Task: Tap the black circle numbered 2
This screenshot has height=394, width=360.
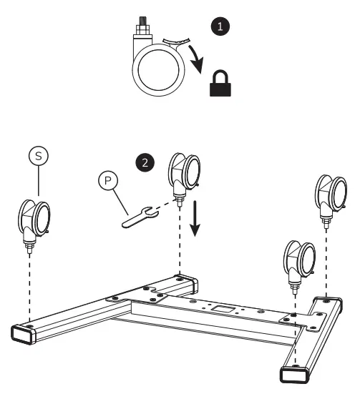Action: [x=145, y=162]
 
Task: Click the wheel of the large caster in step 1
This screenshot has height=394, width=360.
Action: [x=155, y=75]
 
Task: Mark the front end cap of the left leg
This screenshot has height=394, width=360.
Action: [x=21, y=334]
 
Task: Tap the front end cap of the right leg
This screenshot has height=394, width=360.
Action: [x=293, y=373]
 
